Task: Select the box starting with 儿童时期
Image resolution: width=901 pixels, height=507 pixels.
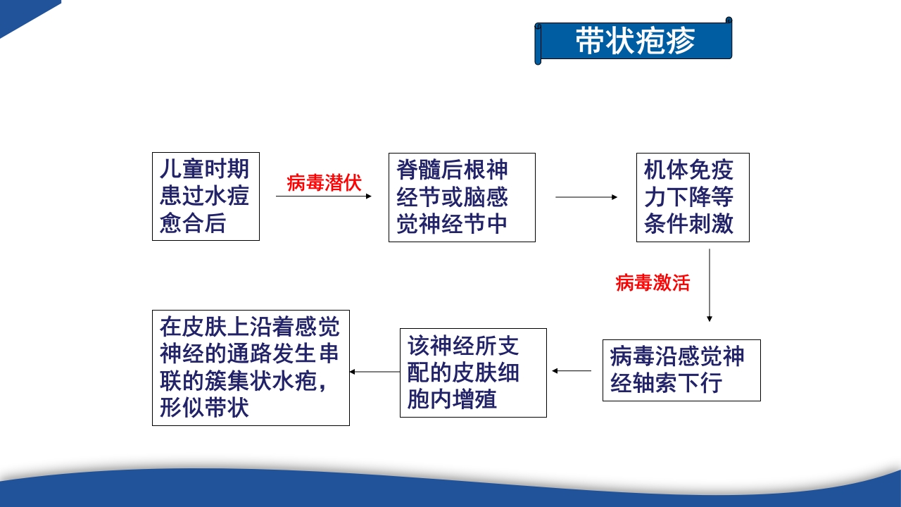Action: tap(206, 196)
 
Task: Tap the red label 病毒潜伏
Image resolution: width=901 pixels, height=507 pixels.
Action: tap(324, 183)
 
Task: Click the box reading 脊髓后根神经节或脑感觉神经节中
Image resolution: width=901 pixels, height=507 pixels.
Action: tap(462, 197)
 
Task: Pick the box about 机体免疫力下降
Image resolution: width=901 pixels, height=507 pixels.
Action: tap(693, 197)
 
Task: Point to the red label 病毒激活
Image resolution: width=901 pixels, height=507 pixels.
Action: tap(653, 283)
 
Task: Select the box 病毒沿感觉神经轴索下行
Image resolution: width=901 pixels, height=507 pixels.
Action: tap(681, 370)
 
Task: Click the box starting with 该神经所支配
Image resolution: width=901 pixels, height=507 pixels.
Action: tap(473, 373)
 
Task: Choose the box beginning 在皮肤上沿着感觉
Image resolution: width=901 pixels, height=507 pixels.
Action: tap(251, 368)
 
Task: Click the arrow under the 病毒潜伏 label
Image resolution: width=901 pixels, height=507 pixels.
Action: tap(324, 196)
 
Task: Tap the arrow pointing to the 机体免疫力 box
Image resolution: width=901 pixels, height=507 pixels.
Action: tap(586, 197)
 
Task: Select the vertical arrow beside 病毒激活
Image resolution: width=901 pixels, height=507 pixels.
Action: tap(710, 285)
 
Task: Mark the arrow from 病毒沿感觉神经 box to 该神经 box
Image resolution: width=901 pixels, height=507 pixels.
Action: tap(572, 370)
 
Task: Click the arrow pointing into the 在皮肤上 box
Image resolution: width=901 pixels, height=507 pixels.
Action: tap(374, 371)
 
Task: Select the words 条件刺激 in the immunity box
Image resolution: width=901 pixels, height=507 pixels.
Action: tap(688, 224)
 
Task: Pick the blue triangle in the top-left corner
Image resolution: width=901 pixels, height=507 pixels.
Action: tap(21, 13)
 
